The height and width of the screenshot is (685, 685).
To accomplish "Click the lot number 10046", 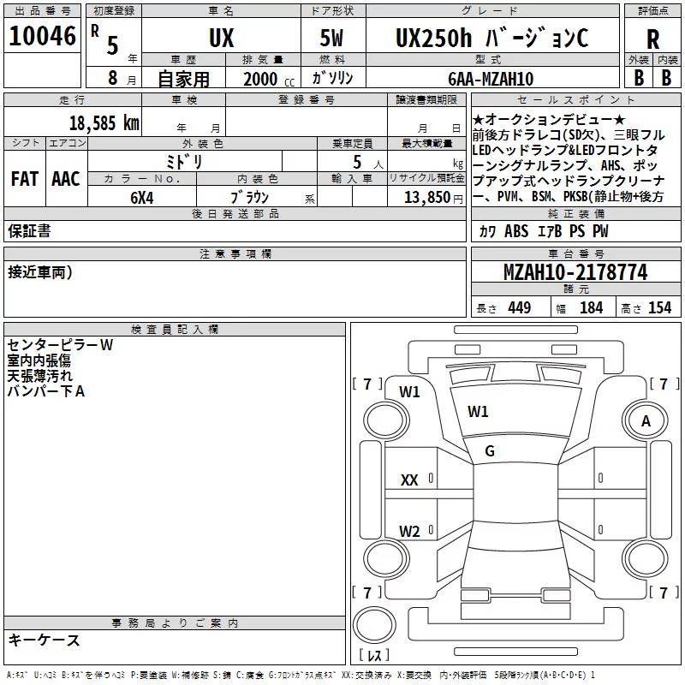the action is click(x=42, y=36).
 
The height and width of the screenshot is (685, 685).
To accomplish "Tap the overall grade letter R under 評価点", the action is click(x=652, y=39).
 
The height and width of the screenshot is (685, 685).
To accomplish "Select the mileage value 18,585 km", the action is click(x=104, y=123).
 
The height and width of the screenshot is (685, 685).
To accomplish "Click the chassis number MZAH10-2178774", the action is click(x=575, y=272).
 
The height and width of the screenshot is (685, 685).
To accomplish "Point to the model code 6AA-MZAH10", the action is click(x=491, y=79).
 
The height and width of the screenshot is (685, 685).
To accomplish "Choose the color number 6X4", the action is click(x=142, y=198).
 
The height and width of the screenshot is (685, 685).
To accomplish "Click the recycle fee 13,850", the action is click(x=426, y=198).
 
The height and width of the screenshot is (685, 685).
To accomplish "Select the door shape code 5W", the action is click(x=331, y=38).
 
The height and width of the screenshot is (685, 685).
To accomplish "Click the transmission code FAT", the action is click(x=25, y=179).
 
